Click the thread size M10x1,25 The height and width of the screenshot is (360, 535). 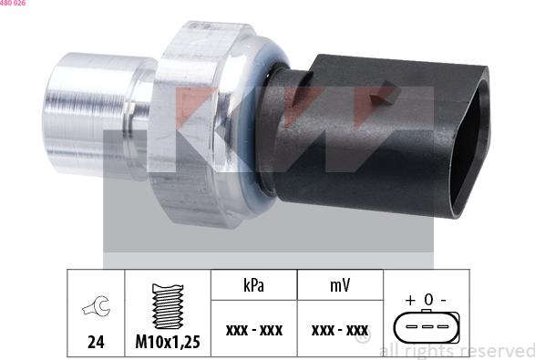click(167, 344)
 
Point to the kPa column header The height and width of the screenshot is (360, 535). click(253, 284)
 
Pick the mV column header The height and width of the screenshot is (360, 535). click(339, 284)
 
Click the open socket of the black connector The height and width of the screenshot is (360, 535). click(469, 137)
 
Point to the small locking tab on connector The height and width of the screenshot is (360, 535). click(389, 91)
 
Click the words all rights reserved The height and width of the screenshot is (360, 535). click(456, 351)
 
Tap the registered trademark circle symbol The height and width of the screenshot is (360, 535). click(363, 338)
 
